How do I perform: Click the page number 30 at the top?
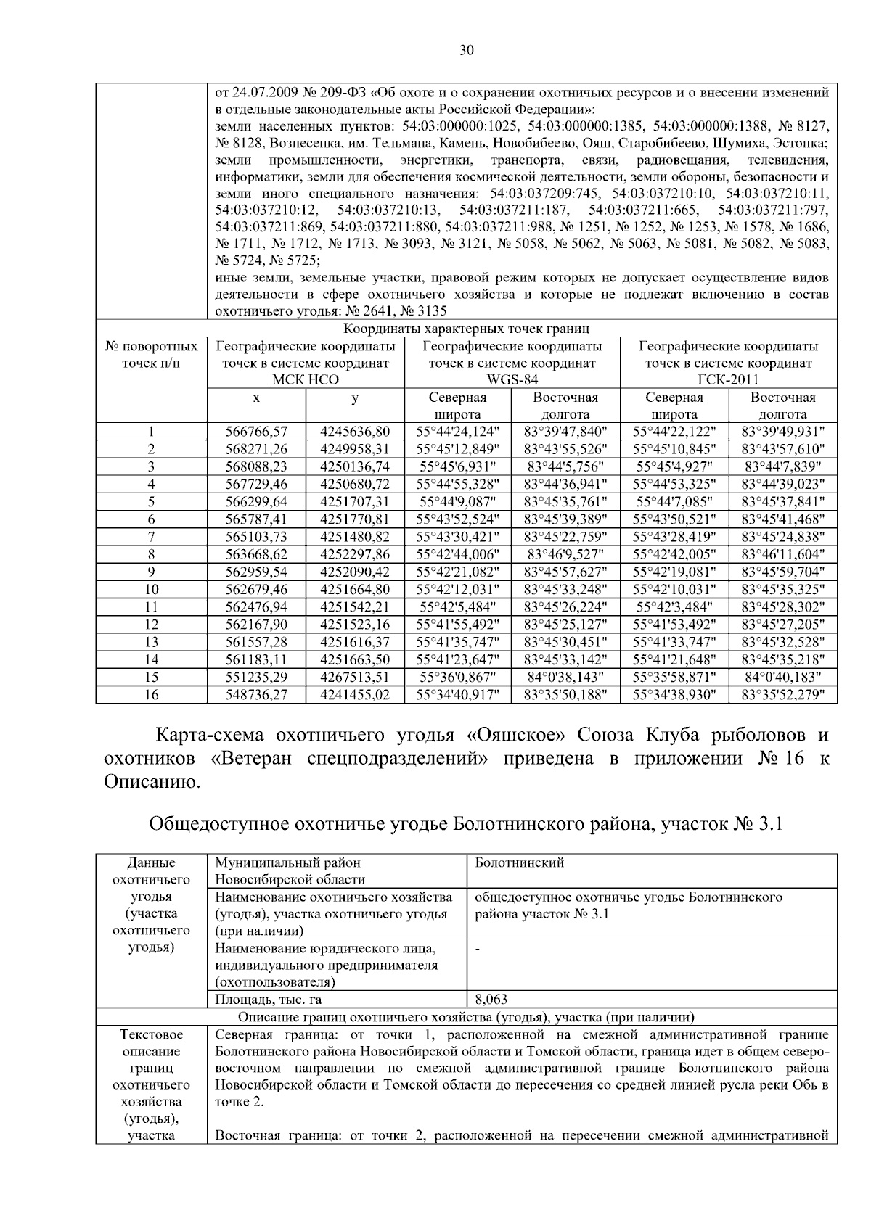tap(466, 49)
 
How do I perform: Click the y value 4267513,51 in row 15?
tap(354, 677)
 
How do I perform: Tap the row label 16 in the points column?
tap(151, 695)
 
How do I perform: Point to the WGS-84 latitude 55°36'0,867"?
tap(457, 677)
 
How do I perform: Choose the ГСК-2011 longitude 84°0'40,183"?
tap(782, 677)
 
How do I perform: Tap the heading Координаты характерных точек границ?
tap(466, 329)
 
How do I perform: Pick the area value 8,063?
tap(491, 1000)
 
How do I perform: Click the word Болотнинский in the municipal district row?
tap(519, 863)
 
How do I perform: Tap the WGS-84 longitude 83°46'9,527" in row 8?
tap(565, 554)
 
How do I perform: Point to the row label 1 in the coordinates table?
tap(151, 432)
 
